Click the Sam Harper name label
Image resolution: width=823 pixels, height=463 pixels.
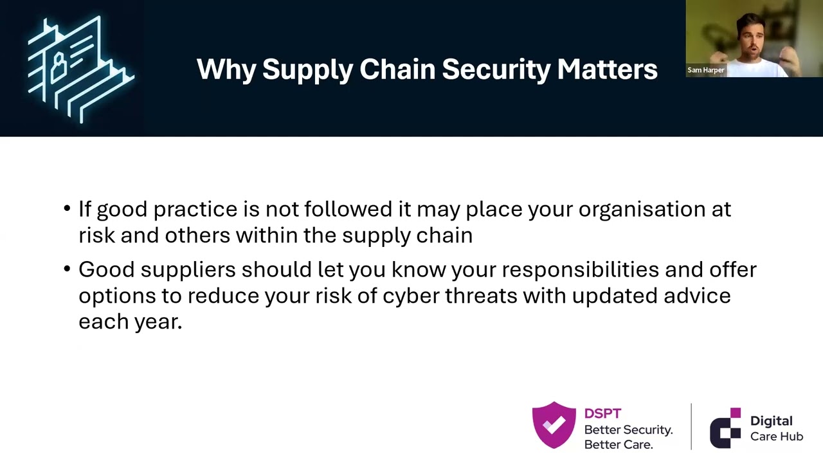pyautogui.click(x=706, y=70)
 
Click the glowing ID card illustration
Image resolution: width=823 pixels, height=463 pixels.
pyautogui.click(x=80, y=68)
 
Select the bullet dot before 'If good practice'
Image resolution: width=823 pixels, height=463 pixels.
pyautogui.click(x=68, y=210)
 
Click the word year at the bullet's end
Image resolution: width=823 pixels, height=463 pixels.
pyautogui.click(x=157, y=322)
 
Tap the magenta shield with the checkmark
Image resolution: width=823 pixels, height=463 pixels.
pyautogui.click(x=554, y=425)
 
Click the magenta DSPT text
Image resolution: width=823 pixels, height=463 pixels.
pyautogui.click(x=602, y=414)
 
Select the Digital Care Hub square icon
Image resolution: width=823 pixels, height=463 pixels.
pyautogui.click(x=725, y=428)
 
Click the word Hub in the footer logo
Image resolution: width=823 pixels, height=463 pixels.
pyautogui.click(x=790, y=437)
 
